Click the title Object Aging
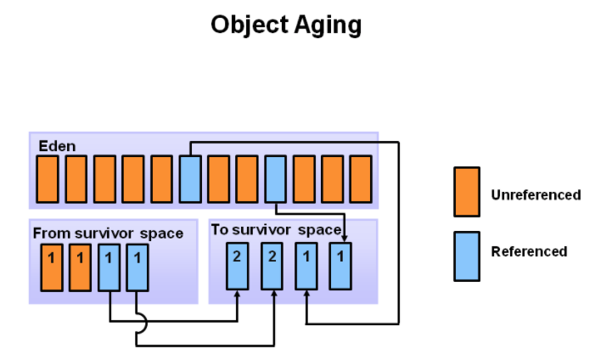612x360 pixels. [x=286, y=25]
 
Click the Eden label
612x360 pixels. [x=56, y=146]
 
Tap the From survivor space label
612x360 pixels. [x=108, y=233]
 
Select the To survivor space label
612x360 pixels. [x=275, y=230]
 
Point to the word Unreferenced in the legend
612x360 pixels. [x=536, y=195]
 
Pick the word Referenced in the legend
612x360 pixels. [x=529, y=251]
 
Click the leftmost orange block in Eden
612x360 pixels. [x=48, y=179]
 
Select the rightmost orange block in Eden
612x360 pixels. [x=361, y=179]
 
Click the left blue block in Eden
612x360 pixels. [x=190, y=179]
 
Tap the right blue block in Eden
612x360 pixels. [x=276, y=179]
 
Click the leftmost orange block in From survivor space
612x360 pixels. [x=52, y=267]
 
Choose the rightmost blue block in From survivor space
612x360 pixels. [x=138, y=267]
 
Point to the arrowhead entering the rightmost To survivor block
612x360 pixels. [x=344, y=236]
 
